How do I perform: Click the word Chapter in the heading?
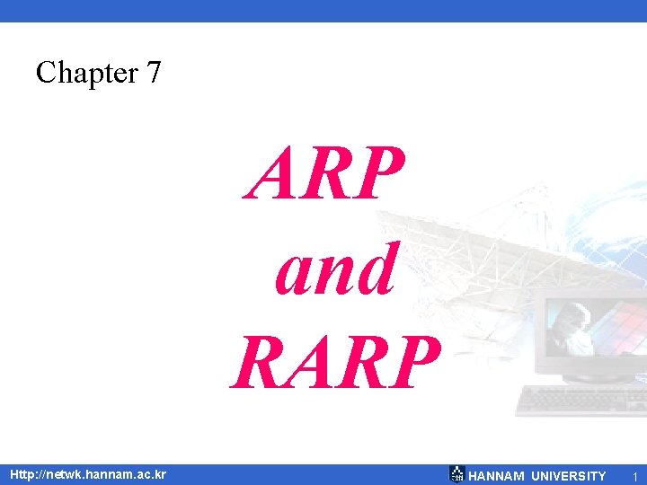[x=80, y=72]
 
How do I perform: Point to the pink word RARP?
[x=335, y=363]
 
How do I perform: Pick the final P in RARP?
[x=414, y=363]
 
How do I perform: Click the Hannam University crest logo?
[x=456, y=474]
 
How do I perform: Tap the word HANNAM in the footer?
[x=496, y=475]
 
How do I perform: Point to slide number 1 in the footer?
[x=634, y=475]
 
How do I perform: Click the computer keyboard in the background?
[x=575, y=400]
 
